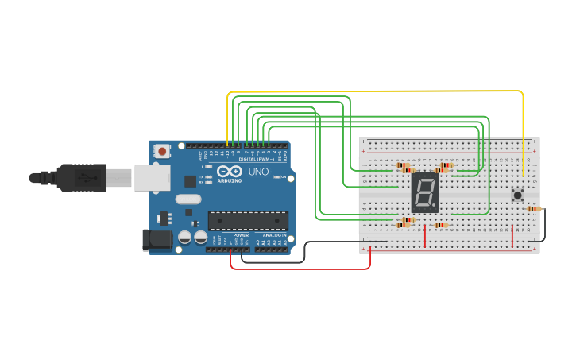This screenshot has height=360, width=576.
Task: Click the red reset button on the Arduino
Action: (x=162, y=150)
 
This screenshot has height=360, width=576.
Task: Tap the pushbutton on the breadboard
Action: (x=518, y=195)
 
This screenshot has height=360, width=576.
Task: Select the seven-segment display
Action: (x=425, y=192)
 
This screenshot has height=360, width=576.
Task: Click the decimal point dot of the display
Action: (x=435, y=206)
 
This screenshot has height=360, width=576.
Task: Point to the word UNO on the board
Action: (x=259, y=172)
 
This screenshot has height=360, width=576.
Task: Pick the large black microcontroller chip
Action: (x=248, y=220)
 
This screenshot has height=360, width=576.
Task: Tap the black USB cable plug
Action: (x=79, y=177)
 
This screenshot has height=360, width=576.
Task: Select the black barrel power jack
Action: (x=157, y=241)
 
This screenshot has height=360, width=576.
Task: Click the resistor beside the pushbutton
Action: (x=534, y=209)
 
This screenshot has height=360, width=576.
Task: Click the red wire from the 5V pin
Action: (x=302, y=269)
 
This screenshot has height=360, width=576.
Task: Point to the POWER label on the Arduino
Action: (x=242, y=236)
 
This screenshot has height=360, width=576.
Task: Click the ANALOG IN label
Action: (x=274, y=236)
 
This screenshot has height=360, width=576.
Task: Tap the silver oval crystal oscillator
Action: (x=188, y=199)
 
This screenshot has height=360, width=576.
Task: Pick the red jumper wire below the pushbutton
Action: (x=512, y=236)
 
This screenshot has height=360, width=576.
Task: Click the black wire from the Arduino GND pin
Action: (x=270, y=261)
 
